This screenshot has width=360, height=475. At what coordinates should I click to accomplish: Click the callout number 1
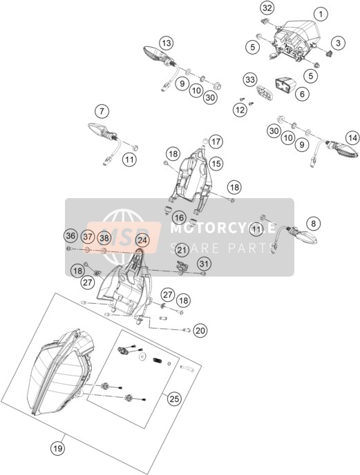321,14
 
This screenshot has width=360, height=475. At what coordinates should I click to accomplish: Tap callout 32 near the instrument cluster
267,8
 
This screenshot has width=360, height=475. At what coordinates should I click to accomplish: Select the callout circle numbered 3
338,43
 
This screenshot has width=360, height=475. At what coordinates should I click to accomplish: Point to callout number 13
167,43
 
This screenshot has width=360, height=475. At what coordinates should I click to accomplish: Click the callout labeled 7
102,111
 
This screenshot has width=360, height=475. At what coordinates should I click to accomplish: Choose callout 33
250,80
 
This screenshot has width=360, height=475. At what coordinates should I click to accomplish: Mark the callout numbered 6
302,94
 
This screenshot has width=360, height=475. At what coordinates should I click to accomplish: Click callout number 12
240,110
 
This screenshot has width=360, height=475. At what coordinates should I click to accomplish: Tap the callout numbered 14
352,139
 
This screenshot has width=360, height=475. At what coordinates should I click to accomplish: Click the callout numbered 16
179,217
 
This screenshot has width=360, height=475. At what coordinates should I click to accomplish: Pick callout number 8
313,224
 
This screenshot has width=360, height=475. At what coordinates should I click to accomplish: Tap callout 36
71,235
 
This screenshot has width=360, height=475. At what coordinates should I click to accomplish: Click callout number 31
204,264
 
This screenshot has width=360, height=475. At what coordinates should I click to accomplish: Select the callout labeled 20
200,331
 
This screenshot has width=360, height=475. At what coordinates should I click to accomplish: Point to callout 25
174,399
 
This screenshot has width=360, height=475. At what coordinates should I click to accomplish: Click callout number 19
58,448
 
